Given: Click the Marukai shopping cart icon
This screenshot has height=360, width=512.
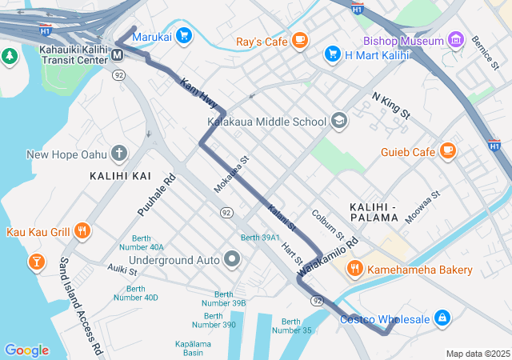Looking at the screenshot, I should pos(184,35).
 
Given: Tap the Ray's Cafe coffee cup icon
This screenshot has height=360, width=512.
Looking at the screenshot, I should pos(300,39).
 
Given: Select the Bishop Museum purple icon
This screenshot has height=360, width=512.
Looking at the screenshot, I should pos(456,39).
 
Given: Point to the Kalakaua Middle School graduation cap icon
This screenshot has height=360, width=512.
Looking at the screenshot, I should pos(339,121).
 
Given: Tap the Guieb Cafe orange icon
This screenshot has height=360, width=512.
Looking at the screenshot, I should pos(447,150).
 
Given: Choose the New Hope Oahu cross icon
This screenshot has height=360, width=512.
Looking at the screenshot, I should pos(119,153).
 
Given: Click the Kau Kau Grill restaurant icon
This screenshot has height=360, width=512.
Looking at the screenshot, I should pos(82,231).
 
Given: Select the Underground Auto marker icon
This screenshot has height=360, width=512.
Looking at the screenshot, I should pos(232,259).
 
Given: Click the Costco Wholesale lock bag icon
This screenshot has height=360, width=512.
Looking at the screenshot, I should pos(441,318).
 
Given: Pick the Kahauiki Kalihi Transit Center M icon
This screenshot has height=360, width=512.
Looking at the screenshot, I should pos(117,54).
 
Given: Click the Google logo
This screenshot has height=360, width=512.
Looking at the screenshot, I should pos(26,350).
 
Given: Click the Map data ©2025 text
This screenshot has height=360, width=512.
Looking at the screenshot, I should pos(477,354).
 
